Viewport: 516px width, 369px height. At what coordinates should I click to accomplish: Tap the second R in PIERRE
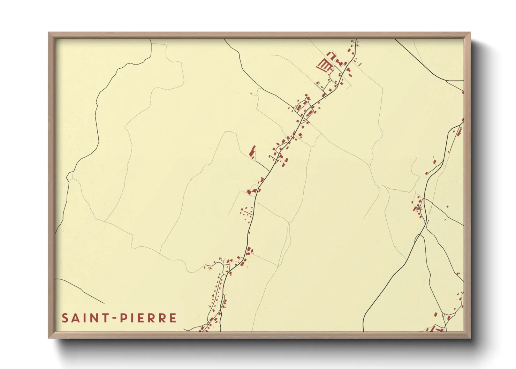[x=162, y=318]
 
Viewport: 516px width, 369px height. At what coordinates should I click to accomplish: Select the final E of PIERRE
[x=173, y=318]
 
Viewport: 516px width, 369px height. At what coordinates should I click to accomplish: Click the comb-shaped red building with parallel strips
[x=324, y=65]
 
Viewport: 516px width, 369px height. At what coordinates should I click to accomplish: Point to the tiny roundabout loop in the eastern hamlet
[x=419, y=208]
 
